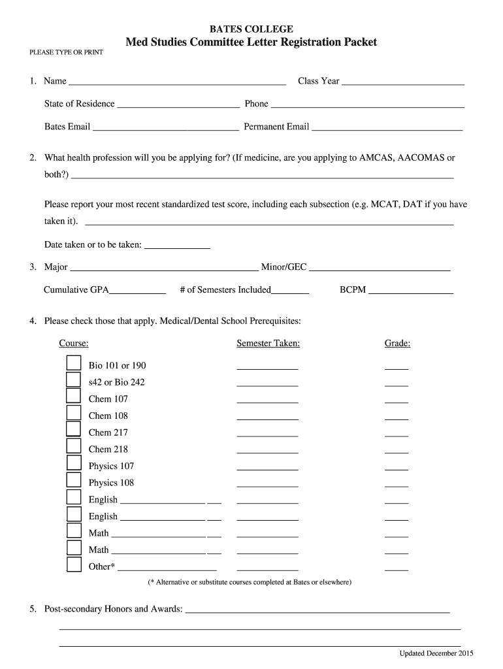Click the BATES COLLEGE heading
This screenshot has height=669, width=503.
[x=251, y=29]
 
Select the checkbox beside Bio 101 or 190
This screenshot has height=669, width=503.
[x=73, y=363]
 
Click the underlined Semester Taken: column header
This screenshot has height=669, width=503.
[x=268, y=344]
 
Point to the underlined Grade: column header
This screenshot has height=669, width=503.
[x=397, y=344]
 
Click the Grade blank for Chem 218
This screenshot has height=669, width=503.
[x=397, y=451]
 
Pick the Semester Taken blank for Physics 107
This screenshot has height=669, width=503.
[x=267, y=468]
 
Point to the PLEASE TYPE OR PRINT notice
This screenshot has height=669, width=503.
[x=66, y=52]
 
